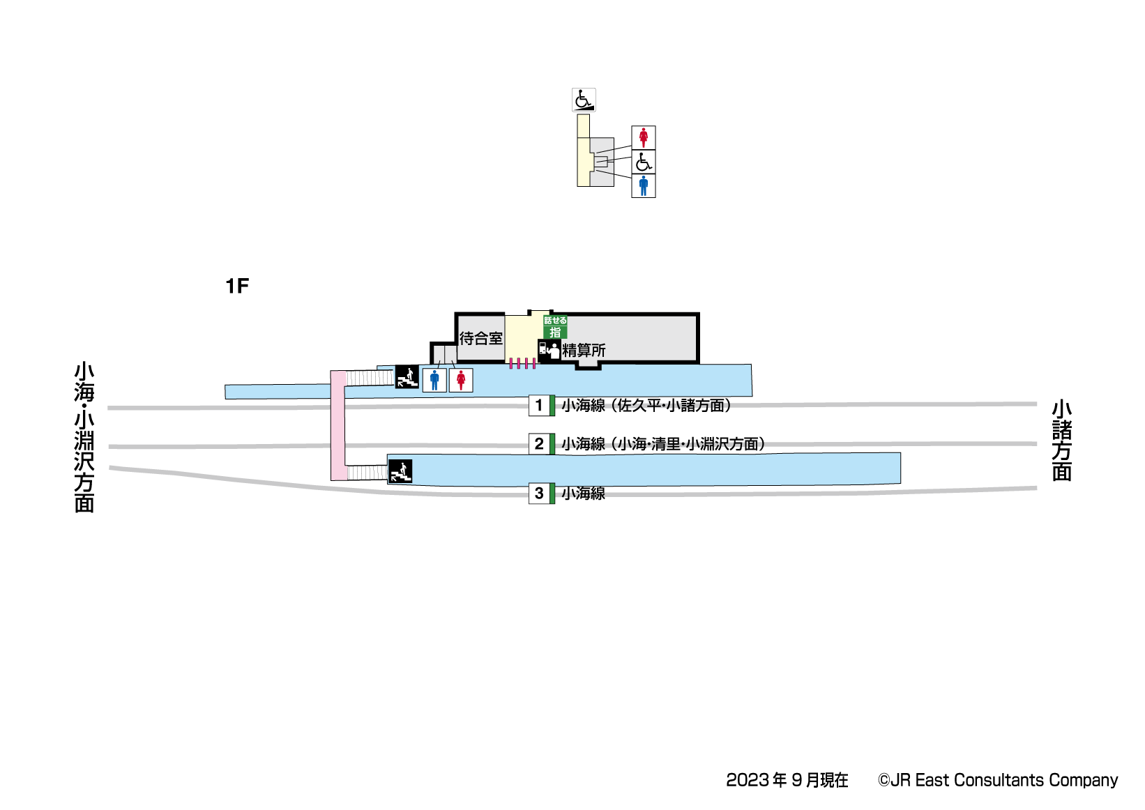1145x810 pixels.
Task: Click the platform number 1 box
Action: [x=539, y=405]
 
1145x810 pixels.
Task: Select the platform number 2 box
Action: [x=539, y=443]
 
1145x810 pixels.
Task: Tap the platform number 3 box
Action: [x=539, y=493]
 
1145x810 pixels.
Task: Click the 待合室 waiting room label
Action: [x=480, y=339]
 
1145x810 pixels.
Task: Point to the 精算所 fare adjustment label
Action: [x=584, y=350]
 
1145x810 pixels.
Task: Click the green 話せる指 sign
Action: [x=555, y=327]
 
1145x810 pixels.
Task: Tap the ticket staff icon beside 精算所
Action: [x=549, y=350]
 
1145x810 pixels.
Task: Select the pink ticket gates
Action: [x=522, y=363]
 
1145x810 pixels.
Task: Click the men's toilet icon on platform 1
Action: [x=434, y=380]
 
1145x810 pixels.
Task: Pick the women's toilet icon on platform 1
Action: [x=460, y=380]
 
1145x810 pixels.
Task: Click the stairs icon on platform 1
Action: [x=407, y=377]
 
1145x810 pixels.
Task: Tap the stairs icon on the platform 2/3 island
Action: [x=400, y=471]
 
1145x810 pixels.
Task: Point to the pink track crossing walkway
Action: [x=338, y=425]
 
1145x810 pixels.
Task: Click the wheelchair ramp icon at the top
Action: [x=584, y=100]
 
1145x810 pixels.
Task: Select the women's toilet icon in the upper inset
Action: [x=643, y=137]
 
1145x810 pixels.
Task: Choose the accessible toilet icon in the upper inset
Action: [x=643, y=162]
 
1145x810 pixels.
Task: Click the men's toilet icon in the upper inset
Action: [x=643, y=186]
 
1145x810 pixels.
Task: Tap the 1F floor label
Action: [x=237, y=286]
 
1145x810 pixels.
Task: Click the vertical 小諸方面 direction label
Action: [x=1061, y=441]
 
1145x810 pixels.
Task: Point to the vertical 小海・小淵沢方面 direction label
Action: [x=84, y=437]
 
